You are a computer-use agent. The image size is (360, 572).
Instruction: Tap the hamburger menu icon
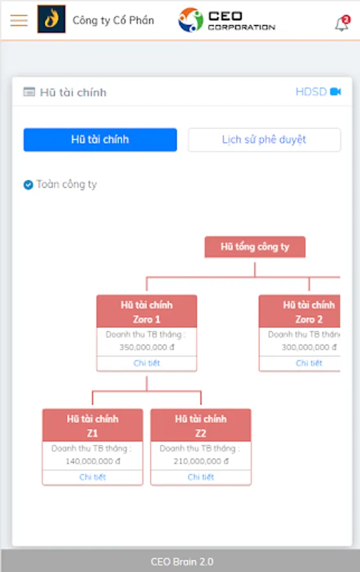coord(19,20)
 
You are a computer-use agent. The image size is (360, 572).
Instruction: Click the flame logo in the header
coord(52,19)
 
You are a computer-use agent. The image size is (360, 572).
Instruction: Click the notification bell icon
coord(342,24)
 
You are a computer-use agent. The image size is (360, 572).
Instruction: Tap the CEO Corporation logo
coord(226,20)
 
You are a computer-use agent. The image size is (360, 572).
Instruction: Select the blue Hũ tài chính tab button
coord(100,139)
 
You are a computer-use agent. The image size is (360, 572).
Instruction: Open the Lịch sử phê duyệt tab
coord(265,139)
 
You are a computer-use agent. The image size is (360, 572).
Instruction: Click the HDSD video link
coord(318,92)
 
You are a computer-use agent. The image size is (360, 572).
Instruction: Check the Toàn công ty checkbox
coord(28,185)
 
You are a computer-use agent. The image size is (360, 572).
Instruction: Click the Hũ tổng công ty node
coord(255,247)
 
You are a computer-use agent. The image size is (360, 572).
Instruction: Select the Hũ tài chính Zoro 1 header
coord(147,311)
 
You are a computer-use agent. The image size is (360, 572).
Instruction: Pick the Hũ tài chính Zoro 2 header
coord(300,311)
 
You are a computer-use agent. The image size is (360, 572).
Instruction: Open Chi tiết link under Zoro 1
coord(147,363)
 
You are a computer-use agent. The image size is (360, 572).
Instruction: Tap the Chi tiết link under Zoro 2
coord(309,363)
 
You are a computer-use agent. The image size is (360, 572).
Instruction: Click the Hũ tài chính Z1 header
coord(93,425)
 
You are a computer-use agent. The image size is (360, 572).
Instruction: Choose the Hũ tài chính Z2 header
coord(201,425)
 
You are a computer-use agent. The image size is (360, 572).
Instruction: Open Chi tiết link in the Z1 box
coord(93,477)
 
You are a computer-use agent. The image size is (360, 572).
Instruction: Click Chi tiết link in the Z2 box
coord(201,477)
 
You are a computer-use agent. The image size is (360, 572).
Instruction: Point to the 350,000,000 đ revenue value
coord(147,347)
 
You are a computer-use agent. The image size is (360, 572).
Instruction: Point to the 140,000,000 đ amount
coord(93,461)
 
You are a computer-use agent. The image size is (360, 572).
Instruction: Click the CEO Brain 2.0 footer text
coord(182,561)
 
